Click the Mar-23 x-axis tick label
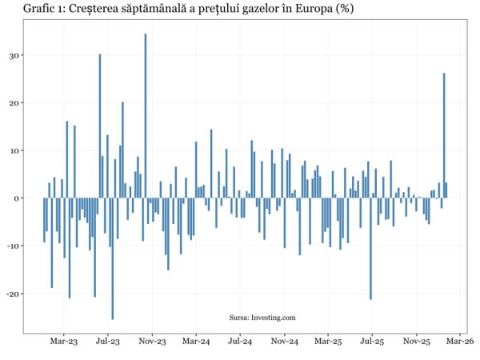point(64,342)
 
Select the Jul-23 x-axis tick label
point(108,342)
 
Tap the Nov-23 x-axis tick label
point(152,342)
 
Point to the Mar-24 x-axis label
point(196,342)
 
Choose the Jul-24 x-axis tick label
point(240,342)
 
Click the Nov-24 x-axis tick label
point(284,342)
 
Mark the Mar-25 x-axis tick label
point(328,342)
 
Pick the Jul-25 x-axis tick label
point(372,342)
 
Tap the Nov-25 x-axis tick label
point(416,342)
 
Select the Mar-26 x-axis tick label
point(460,342)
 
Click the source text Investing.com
point(262,318)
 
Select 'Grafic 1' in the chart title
point(26,9)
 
